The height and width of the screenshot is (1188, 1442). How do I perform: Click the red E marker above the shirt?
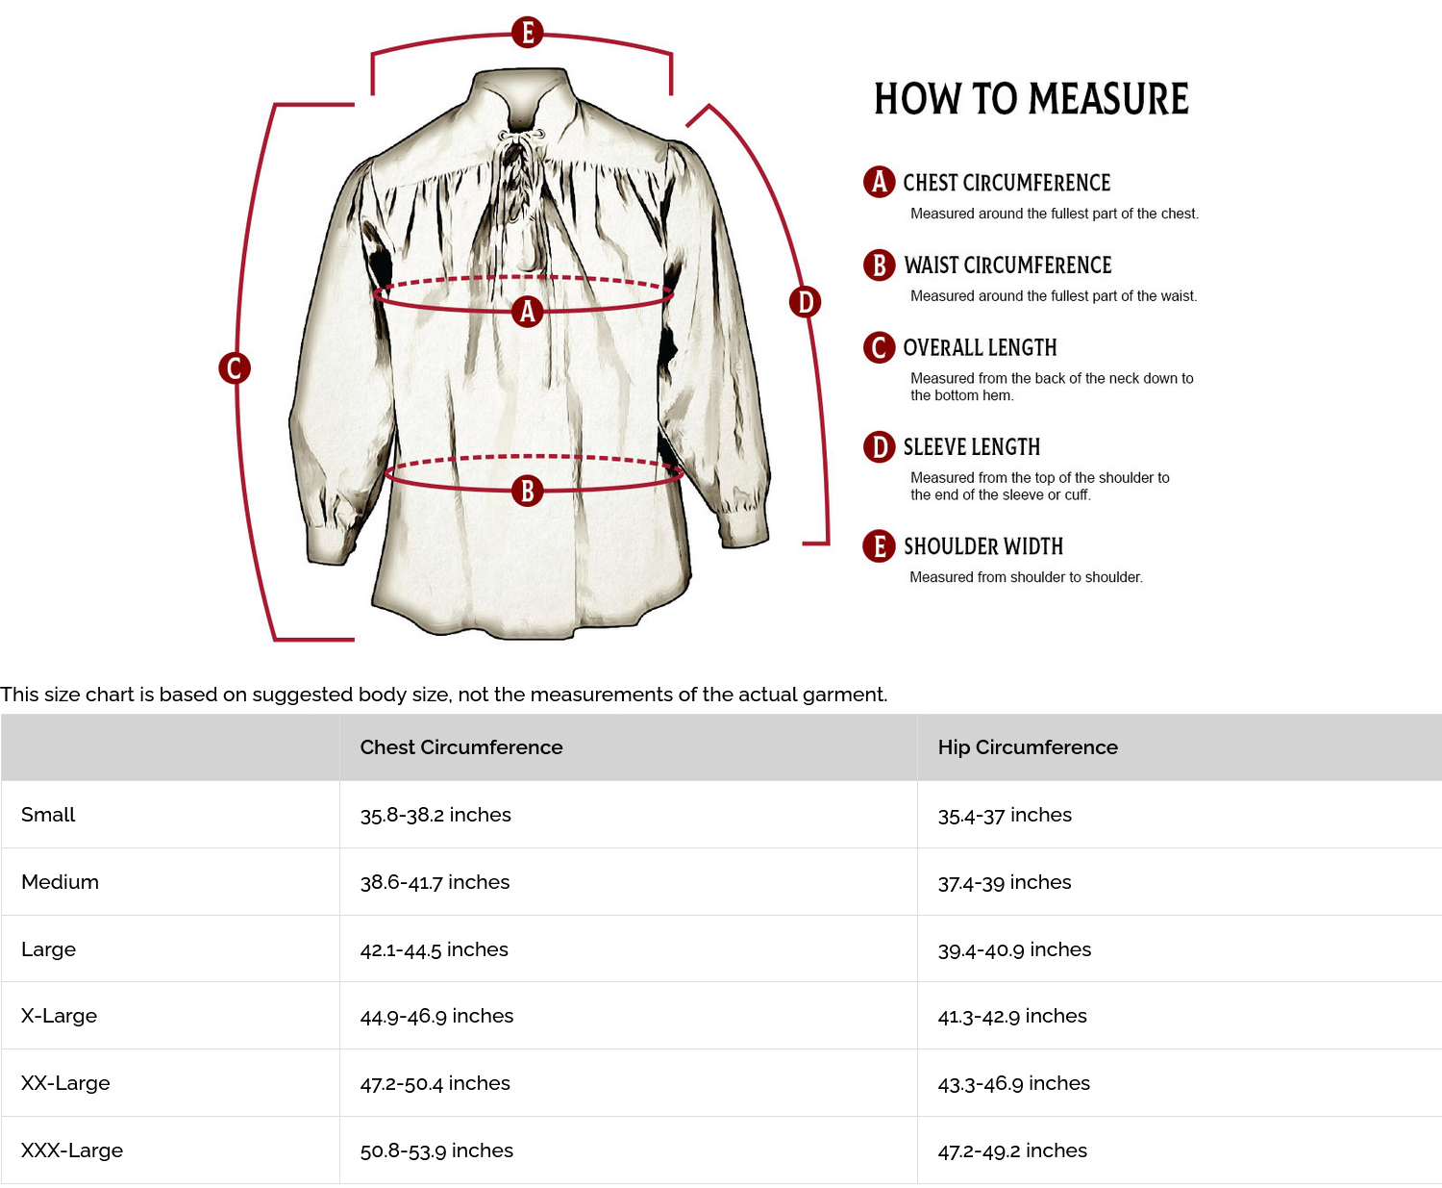[x=527, y=32]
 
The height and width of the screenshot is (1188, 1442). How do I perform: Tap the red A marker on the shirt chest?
[x=527, y=311]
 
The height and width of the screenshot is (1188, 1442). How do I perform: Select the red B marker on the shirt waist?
[x=527, y=491]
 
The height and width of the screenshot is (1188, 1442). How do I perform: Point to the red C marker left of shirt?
[x=235, y=367]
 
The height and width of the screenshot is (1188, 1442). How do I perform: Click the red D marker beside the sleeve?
[x=805, y=302]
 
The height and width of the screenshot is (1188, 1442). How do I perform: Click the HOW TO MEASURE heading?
[x=1031, y=99]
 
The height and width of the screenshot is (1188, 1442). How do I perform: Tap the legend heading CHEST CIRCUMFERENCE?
[x=1006, y=183]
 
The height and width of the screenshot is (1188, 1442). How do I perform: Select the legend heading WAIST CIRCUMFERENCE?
[x=1007, y=265]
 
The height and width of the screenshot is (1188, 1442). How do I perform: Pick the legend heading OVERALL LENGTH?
[x=979, y=348]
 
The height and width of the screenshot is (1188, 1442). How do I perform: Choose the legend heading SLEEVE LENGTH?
[x=971, y=447]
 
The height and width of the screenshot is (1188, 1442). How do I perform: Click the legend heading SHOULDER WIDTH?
[x=982, y=546]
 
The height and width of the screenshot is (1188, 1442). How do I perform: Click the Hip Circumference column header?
[x=1028, y=747]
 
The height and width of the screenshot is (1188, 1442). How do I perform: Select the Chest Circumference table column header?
[x=461, y=747]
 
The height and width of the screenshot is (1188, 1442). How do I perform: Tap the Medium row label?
[x=60, y=882]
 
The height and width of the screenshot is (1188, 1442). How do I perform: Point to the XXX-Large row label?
[x=72, y=1150]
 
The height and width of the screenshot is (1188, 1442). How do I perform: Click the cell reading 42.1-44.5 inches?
[x=434, y=949]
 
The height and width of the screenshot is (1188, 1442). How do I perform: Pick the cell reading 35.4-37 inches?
[x=1005, y=815]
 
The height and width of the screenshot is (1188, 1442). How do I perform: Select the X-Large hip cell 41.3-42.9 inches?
[x=1012, y=1016]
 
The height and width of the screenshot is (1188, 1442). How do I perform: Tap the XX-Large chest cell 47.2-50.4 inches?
[x=435, y=1083]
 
